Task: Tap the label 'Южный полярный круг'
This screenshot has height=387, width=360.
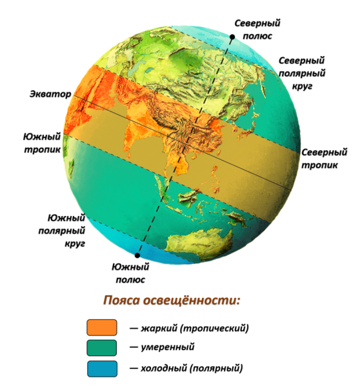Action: pyautogui.click(x=66, y=231)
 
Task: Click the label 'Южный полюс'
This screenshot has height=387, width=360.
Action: pyautogui.click(x=131, y=273)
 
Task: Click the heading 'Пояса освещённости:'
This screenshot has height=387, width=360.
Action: pyautogui.click(x=172, y=301)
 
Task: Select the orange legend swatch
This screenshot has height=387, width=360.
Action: pyautogui.click(x=103, y=328)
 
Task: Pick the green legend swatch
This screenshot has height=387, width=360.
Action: pyautogui.click(x=103, y=348)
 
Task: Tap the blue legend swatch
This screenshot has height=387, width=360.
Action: pyautogui.click(x=103, y=369)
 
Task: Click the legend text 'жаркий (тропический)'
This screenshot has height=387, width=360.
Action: pyautogui.click(x=194, y=328)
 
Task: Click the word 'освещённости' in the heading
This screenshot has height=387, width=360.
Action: pyautogui.click(x=196, y=301)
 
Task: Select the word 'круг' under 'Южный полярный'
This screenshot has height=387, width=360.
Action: pyautogui.click(x=72, y=244)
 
